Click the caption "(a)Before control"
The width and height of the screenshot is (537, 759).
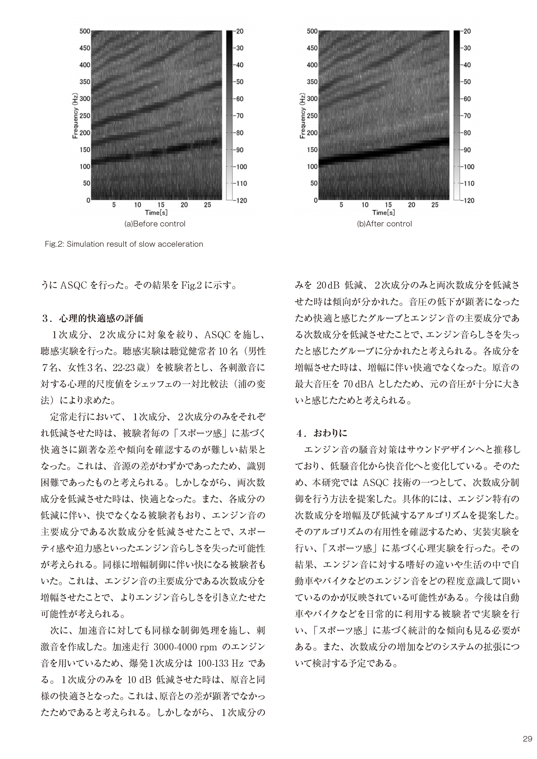(155, 224)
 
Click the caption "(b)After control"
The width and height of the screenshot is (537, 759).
(384, 224)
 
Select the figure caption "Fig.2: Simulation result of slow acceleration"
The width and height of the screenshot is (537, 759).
(124, 244)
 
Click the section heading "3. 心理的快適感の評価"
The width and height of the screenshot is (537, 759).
(93, 318)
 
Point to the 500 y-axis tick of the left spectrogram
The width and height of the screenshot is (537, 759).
(85, 31)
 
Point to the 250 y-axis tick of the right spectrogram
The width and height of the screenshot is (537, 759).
(312, 116)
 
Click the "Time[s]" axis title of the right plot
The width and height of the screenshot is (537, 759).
(384, 212)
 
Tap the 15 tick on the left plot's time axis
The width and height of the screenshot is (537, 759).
(161, 205)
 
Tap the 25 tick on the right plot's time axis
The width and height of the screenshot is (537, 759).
(435, 205)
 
